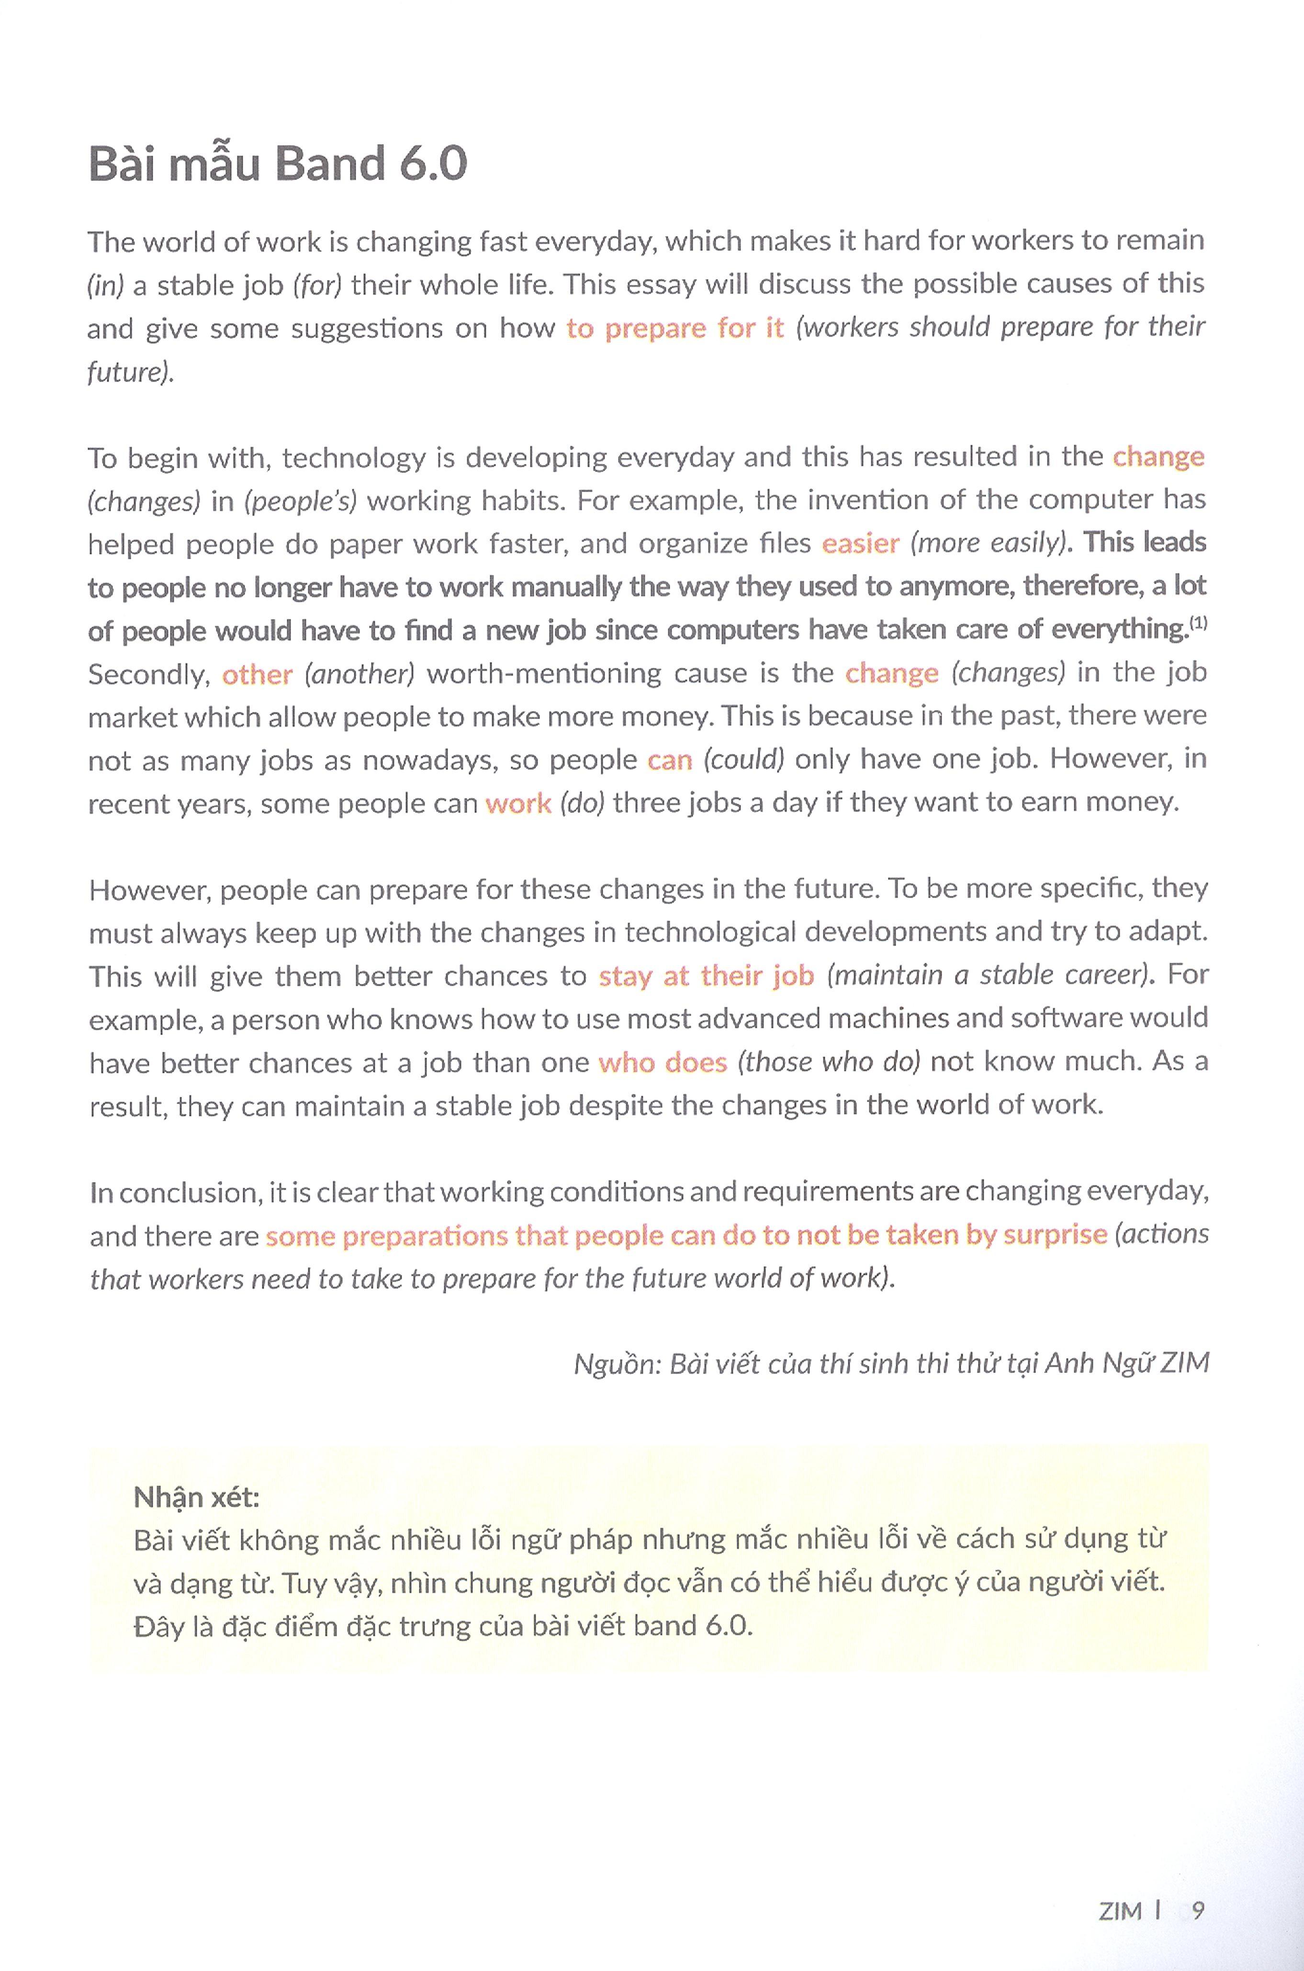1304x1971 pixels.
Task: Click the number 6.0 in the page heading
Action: tap(432, 164)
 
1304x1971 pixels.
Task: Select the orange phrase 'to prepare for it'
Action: tap(674, 327)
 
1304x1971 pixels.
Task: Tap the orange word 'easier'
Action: tap(860, 543)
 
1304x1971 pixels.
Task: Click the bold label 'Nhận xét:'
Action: tap(196, 1497)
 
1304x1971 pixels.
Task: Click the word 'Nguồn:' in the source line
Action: tap(611, 1364)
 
